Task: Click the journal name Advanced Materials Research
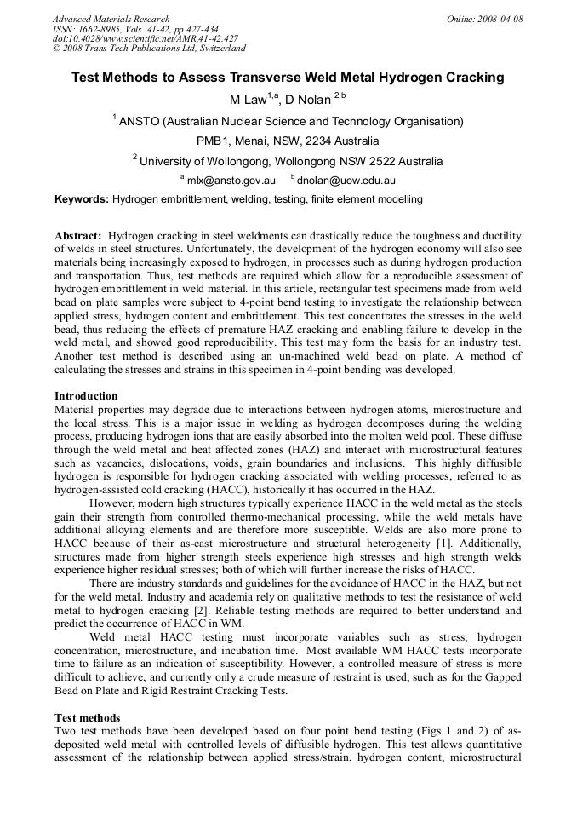click(x=111, y=19)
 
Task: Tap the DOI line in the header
click(x=146, y=38)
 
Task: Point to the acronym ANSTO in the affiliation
click(x=140, y=121)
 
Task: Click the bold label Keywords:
click(x=82, y=199)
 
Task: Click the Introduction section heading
click(x=86, y=395)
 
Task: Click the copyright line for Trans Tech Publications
click(x=149, y=49)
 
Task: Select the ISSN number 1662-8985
click(x=101, y=29)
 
